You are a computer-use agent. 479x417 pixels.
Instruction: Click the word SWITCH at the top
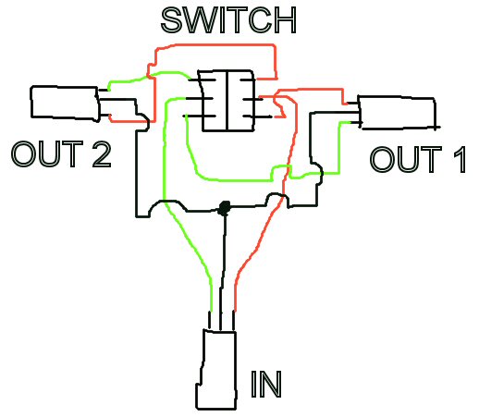point(228,20)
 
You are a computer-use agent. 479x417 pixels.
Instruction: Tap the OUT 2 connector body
point(65,104)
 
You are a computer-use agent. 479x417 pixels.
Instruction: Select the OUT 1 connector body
point(398,113)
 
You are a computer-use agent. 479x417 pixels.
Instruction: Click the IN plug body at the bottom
point(217,370)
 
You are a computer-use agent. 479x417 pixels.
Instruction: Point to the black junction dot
point(225,208)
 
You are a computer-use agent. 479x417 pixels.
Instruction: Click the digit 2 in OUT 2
point(102,154)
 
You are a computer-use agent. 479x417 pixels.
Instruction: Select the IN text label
point(266,385)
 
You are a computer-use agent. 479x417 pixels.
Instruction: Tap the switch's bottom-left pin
point(200,117)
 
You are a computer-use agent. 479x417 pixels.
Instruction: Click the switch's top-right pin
point(248,80)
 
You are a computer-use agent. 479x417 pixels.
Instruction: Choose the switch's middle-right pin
point(252,99)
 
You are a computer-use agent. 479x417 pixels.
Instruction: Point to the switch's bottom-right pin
point(258,117)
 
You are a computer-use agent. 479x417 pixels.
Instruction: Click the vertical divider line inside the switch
point(227,101)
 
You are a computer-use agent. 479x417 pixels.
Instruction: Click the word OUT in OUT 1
point(406,159)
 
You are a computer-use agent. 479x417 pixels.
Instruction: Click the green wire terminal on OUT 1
point(354,123)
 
